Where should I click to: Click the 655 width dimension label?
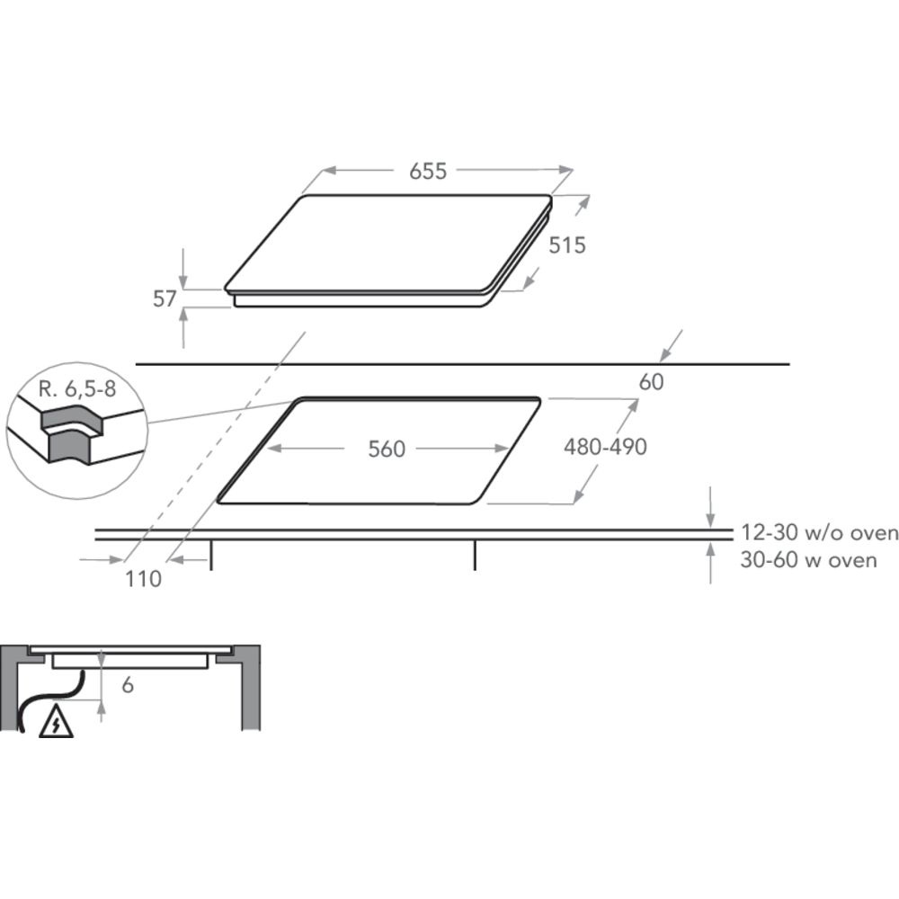(428, 171)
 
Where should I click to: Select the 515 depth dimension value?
(567, 245)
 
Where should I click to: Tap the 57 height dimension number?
(165, 298)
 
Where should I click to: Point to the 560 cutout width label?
(387, 449)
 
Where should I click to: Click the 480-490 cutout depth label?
(605, 447)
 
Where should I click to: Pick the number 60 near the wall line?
(651, 382)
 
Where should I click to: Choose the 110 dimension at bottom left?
(143, 579)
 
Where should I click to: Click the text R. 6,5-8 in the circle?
(77, 389)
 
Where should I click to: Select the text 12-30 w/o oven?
(819, 532)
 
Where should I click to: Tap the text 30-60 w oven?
(808, 559)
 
